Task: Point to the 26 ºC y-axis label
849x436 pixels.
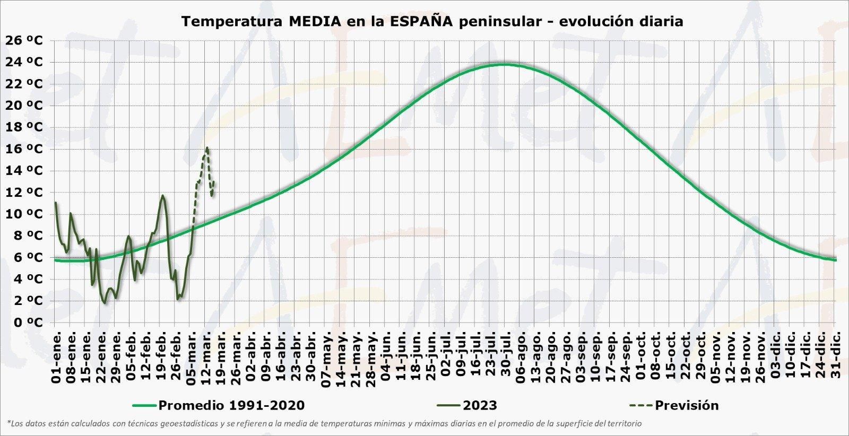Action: (24, 41)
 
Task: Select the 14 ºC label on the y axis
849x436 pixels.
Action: (24, 171)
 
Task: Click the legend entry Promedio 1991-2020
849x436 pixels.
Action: (231, 406)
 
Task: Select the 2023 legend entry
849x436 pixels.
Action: (480, 406)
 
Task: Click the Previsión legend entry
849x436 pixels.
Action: (687, 406)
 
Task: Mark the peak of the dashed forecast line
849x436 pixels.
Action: (207, 148)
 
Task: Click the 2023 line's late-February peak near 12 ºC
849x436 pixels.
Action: (162, 196)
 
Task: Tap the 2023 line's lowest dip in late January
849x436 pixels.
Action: (105, 303)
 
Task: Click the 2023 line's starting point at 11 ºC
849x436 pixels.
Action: (55, 203)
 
